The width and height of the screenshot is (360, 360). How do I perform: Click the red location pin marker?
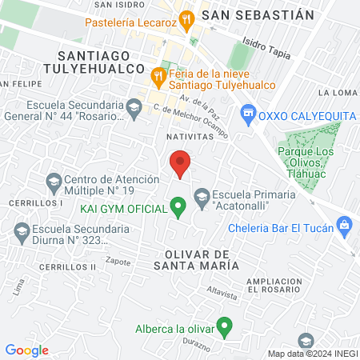click(181, 163)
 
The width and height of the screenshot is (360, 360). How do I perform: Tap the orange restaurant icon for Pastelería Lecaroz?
click(186, 18)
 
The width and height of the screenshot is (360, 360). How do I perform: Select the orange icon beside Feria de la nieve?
click(158, 77)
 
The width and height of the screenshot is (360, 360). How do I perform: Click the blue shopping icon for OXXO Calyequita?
click(248, 114)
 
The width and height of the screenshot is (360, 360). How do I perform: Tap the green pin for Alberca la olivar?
click(225, 326)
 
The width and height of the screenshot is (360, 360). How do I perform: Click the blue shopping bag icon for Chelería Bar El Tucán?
click(345, 225)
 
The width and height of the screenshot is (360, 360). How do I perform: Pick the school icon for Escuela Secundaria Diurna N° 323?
click(22, 233)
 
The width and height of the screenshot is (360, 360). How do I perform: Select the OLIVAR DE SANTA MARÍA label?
click(194, 258)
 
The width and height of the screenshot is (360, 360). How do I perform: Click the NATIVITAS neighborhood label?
click(190, 137)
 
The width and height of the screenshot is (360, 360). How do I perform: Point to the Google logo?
click(26, 350)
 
